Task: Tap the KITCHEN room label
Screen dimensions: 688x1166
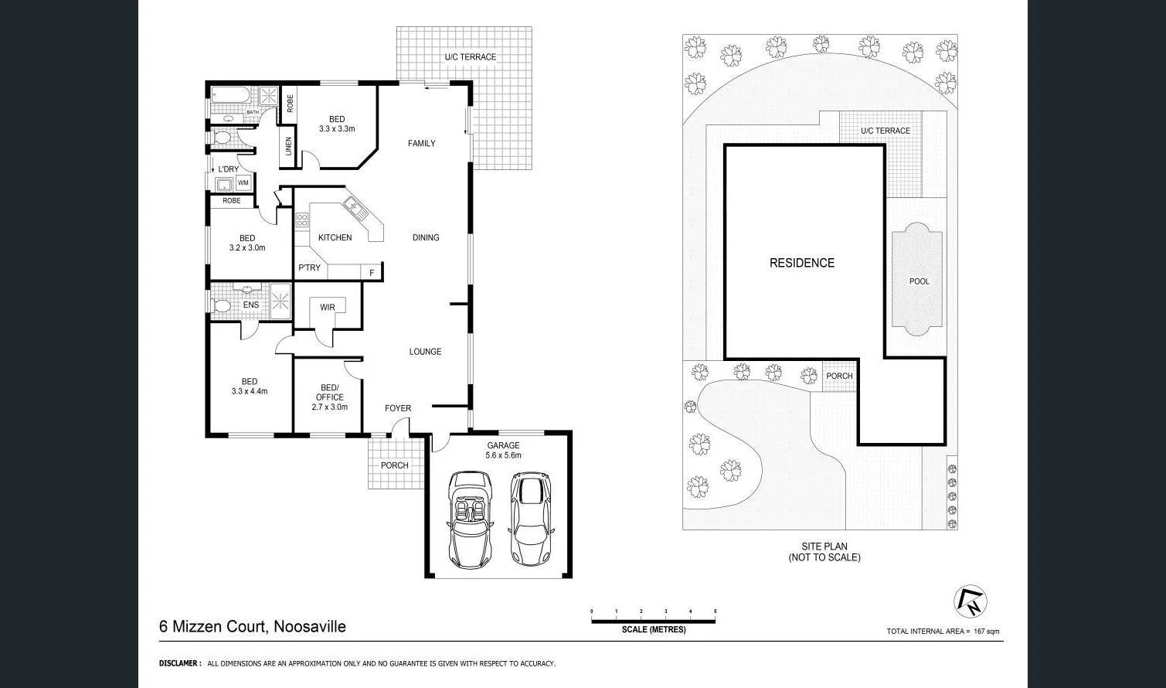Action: coord(335,237)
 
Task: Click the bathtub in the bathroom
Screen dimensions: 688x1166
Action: coord(229,97)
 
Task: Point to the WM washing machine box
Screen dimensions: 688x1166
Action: coord(243,183)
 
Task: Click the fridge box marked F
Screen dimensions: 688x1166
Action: coord(372,272)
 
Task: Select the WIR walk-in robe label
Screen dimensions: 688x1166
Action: coord(328,308)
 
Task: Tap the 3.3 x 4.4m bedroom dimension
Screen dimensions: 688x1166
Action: coord(249,391)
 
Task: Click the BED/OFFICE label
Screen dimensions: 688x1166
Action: coord(329,393)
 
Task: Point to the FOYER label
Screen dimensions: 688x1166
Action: coord(398,408)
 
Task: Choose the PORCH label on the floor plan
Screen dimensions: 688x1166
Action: coord(394,465)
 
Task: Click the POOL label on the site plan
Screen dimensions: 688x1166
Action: coord(919,281)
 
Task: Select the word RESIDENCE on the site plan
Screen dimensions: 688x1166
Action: coord(801,263)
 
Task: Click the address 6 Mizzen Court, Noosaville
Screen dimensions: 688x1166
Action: coord(253,627)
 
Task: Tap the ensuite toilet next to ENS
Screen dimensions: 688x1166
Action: coord(223,306)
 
